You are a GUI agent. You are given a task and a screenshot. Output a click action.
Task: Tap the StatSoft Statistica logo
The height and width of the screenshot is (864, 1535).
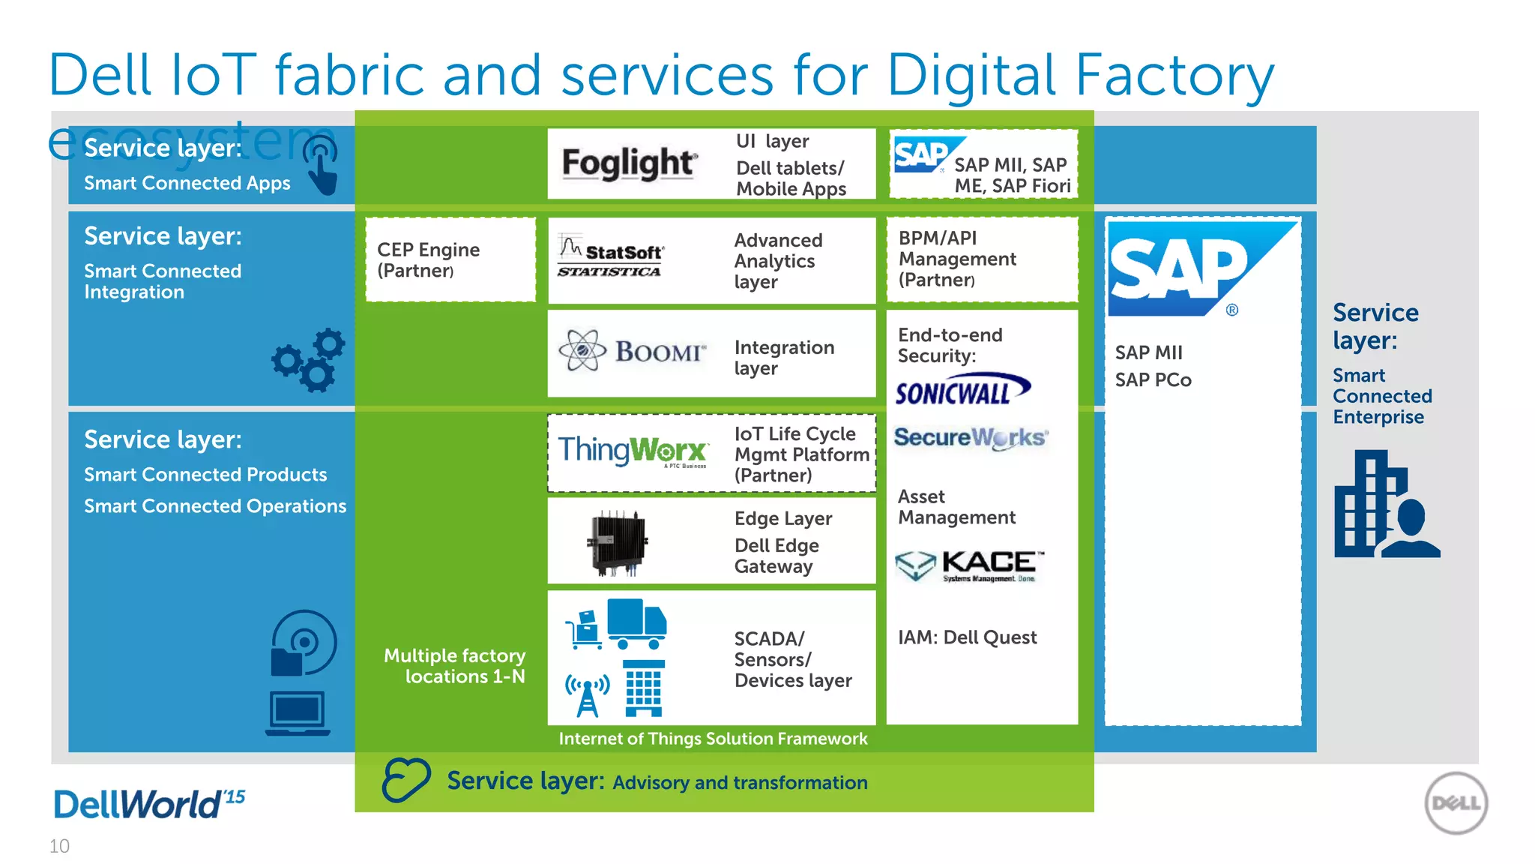610,256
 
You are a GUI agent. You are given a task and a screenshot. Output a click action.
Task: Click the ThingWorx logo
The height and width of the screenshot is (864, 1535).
633,451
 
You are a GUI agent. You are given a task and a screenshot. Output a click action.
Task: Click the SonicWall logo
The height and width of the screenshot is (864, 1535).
962,390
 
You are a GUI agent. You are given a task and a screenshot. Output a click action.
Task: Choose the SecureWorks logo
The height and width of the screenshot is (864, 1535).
971,438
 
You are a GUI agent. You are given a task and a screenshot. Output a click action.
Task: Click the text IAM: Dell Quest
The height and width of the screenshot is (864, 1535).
967,637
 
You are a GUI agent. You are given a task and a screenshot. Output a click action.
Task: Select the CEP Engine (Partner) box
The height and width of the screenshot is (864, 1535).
450,259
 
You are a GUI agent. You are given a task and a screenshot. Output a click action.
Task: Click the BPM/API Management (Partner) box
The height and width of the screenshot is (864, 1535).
982,259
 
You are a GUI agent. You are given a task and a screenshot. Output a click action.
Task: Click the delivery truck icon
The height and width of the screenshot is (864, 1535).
636,623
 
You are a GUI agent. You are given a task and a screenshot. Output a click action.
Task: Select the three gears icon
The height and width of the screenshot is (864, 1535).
309,360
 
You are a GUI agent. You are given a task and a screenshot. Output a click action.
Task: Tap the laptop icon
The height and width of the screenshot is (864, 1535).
298,713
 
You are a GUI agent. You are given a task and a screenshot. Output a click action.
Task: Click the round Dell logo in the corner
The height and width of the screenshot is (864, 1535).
1456,803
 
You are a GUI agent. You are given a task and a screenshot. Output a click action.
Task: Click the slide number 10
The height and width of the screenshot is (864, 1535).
59,846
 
